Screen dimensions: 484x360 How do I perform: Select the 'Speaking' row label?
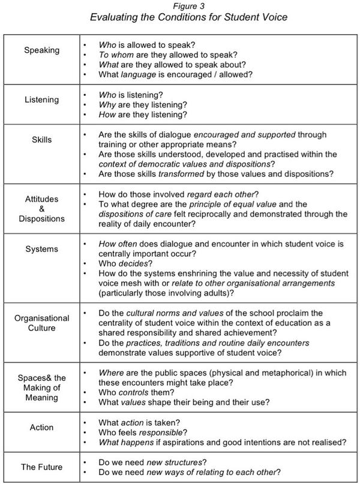(41, 50)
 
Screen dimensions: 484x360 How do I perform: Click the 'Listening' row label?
(41, 100)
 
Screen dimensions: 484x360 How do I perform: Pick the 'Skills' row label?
(41, 140)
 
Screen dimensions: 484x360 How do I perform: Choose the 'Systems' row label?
(41, 248)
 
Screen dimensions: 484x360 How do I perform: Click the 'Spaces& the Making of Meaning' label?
(41, 388)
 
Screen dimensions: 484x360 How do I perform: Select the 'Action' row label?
(41, 428)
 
